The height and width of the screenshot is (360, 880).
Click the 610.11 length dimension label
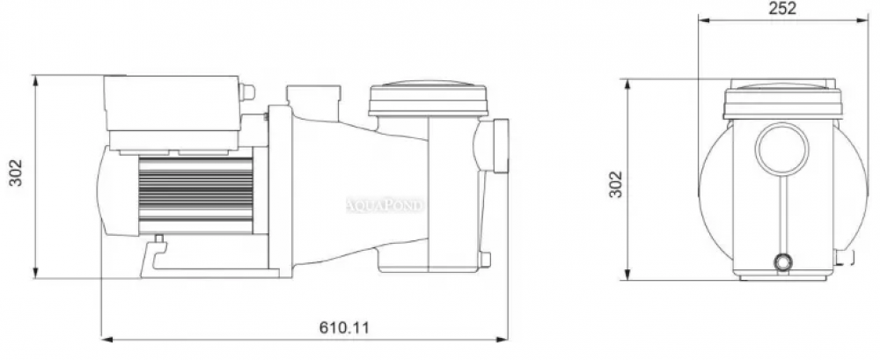[x=345, y=327]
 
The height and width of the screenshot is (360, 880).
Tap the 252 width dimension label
[x=782, y=8]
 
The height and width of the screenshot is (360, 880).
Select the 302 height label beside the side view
[x=16, y=173]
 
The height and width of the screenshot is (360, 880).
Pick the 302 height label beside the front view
[x=616, y=184]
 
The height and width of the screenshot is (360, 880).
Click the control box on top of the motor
[x=172, y=113]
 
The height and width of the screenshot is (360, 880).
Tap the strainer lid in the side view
[x=429, y=99]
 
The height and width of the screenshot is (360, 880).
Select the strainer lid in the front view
[x=782, y=99]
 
